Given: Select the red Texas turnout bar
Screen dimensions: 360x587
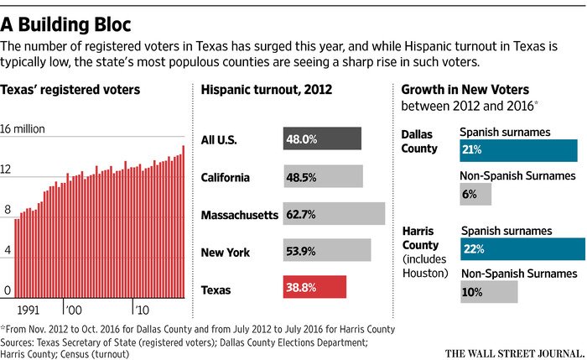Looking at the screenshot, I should click(x=314, y=288).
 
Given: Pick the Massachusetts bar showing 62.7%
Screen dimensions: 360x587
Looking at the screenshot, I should click(x=334, y=214).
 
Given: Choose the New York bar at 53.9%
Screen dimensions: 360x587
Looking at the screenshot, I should click(x=327, y=251).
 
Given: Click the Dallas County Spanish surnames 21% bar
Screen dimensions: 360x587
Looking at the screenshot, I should click(x=518, y=149).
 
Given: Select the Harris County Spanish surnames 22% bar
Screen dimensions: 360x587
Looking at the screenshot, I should click(x=522, y=248).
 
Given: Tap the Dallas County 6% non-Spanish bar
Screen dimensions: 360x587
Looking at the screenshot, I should click(x=475, y=194).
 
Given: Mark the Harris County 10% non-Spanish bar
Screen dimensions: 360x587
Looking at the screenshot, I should click(x=489, y=291).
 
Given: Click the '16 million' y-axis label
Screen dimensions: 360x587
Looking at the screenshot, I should click(x=34, y=129).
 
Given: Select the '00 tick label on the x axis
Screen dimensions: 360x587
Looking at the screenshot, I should click(x=73, y=310).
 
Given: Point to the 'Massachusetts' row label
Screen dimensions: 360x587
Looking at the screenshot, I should click(x=239, y=215).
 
